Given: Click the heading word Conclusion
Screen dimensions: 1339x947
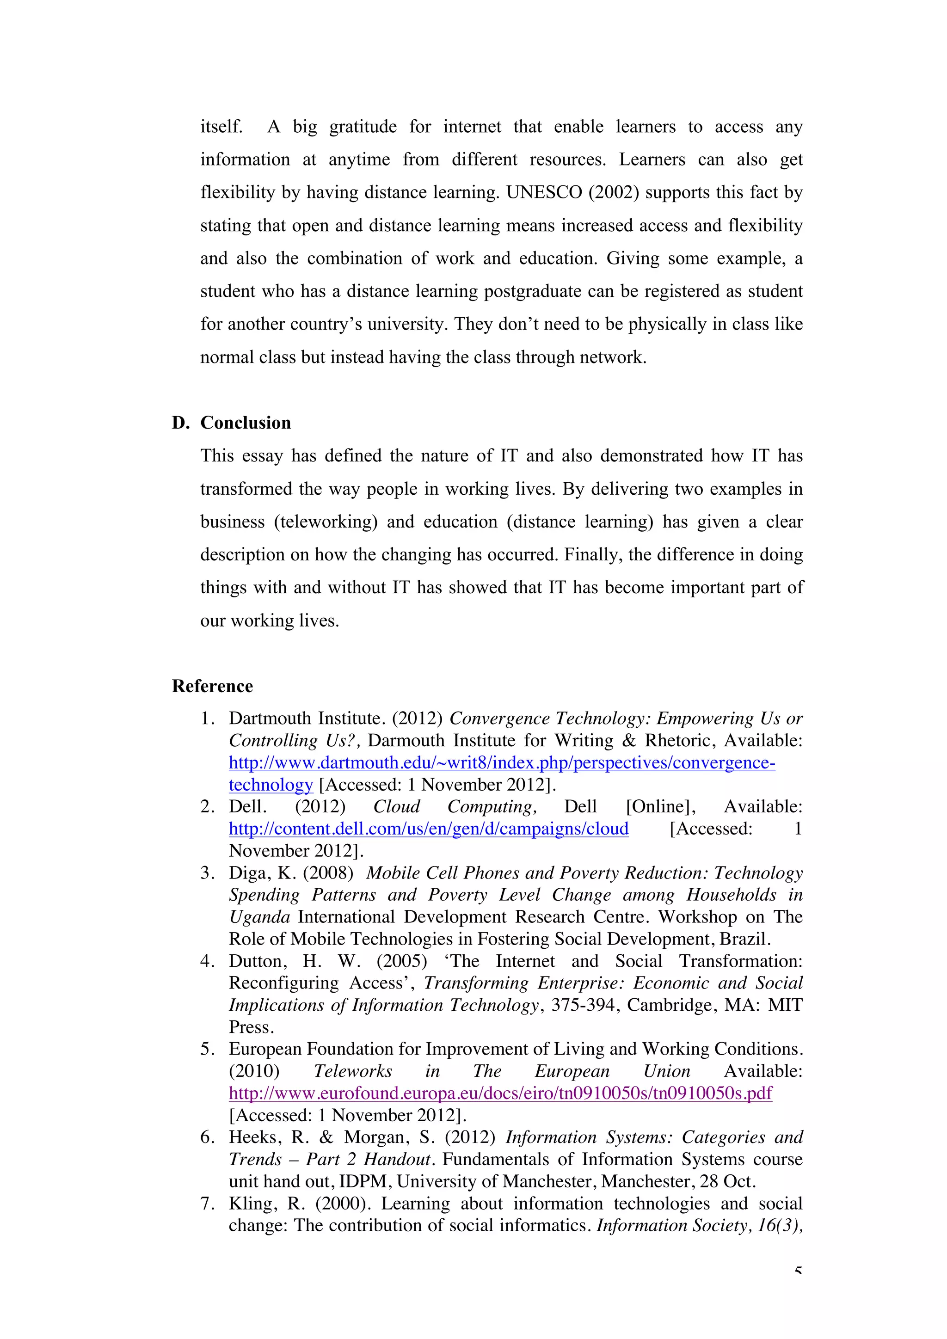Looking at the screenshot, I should (x=246, y=423).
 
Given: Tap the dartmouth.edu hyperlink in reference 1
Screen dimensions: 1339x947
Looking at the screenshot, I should (x=502, y=763).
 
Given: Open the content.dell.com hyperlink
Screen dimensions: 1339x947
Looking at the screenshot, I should (x=429, y=829).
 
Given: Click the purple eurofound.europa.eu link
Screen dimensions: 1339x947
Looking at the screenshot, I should (x=500, y=1093).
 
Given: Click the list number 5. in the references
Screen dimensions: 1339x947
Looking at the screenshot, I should (x=208, y=1049).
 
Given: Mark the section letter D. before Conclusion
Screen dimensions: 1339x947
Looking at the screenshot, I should (x=181, y=423).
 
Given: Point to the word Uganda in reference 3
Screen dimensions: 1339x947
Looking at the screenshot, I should (x=259, y=917).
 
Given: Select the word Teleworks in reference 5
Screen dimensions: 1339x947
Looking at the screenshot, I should (x=353, y=1071).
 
